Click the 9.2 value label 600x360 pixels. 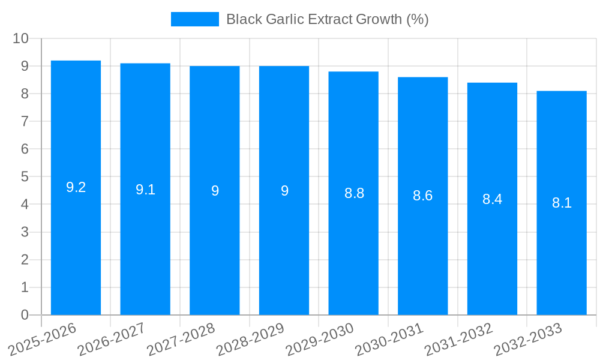tap(76, 187)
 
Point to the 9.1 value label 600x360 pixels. tap(145, 190)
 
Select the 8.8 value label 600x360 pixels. tap(354, 193)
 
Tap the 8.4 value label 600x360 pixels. tap(493, 199)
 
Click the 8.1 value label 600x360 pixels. tap(562, 203)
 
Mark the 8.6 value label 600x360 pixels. tap(423, 196)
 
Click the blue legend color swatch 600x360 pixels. tap(195, 19)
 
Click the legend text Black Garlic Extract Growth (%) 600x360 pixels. tap(327, 19)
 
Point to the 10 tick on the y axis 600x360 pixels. tap(21, 38)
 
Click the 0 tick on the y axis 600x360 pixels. tap(25, 315)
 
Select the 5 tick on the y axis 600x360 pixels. tap(25, 177)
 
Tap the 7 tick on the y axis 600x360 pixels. tap(25, 121)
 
